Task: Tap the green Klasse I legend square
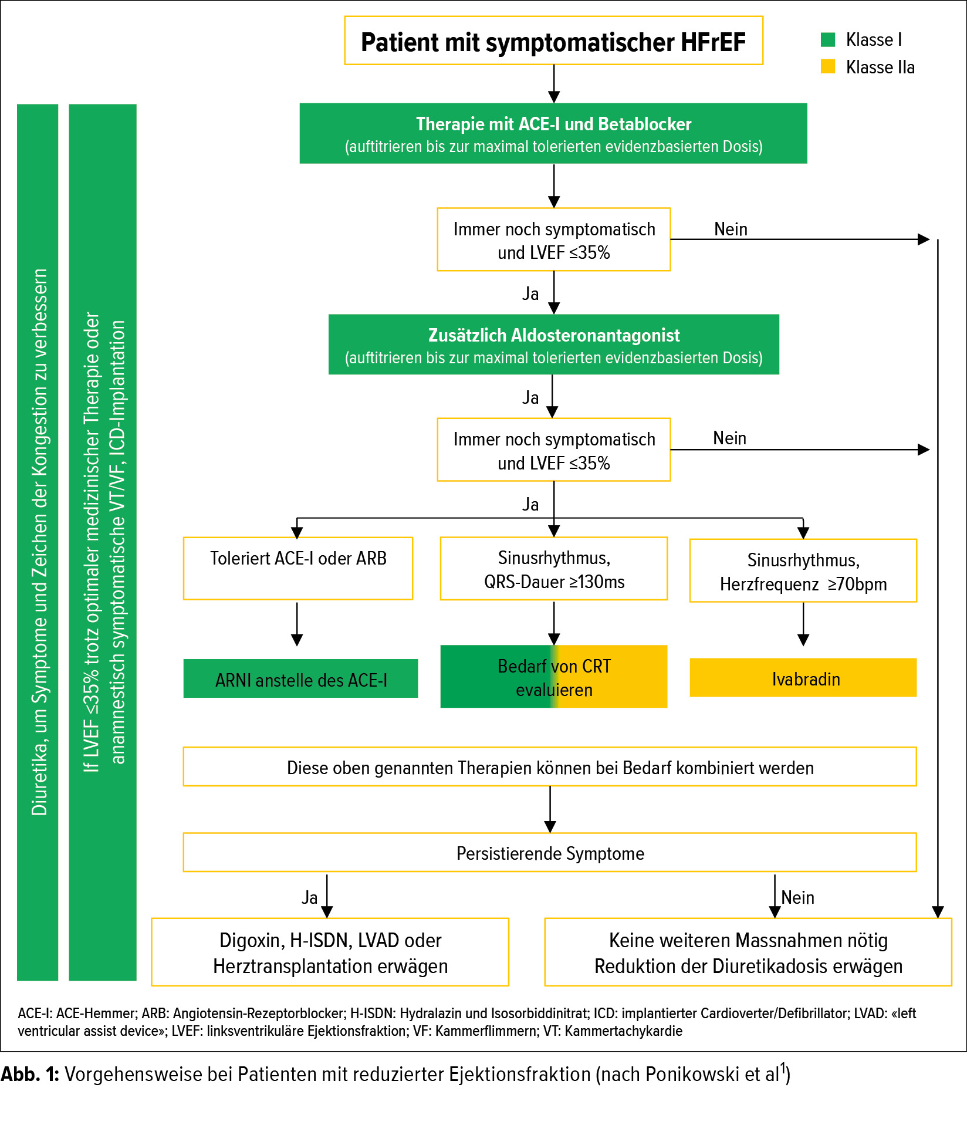[828, 39]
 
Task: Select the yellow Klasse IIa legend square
[828, 66]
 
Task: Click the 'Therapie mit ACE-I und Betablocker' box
[553, 134]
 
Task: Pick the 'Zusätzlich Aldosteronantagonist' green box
[553, 344]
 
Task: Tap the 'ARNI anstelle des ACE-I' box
[300, 678]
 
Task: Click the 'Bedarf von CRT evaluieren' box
[554, 677]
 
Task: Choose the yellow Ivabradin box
[803, 677]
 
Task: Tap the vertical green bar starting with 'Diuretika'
[38, 542]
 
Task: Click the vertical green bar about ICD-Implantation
[103, 542]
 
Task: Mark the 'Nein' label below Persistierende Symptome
[797, 897]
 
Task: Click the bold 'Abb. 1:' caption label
[30, 1074]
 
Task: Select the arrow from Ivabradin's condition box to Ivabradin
[803, 624]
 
